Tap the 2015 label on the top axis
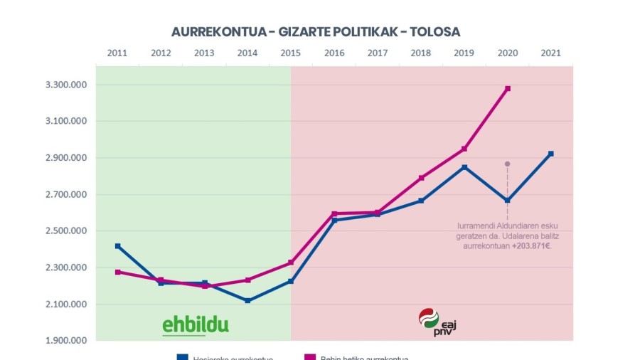[x=291, y=53]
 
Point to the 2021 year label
[x=550, y=53]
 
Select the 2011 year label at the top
[x=117, y=53]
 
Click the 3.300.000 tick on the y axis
[x=66, y=85]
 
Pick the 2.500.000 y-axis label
[x=66, y=231]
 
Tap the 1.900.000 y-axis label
[x=66, y=341]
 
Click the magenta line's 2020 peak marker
[x=508, y=88]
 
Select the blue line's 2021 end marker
[x=550, y=154]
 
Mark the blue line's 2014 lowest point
[x=247, y=301]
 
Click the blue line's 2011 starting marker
[x=117, y=246]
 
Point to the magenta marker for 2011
[x=117, y=272]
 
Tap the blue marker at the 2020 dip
[x=508, y=201]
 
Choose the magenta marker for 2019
[x=464, y=149]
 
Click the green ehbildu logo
[x=196, y=325]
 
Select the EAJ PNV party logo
[x=437, y=322]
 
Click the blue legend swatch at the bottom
[x=183, y=357]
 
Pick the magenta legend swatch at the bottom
[x=309, y=357]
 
